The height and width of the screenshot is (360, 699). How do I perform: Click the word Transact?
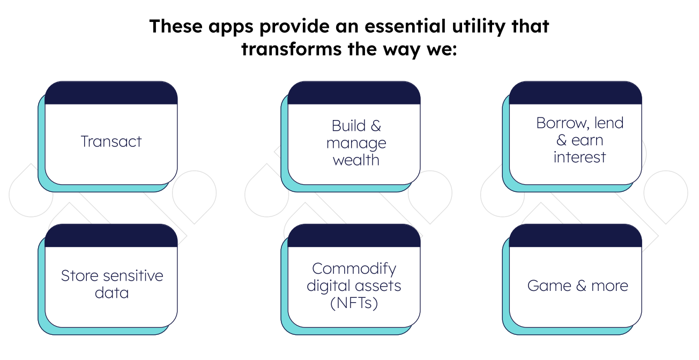click(111, 141)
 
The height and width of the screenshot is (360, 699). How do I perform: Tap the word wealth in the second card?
click(356, 160)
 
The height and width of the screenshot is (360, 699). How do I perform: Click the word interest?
click(579, 157)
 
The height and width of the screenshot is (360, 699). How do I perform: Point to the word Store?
click(79, 276)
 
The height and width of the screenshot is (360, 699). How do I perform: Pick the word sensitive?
click(133, 276)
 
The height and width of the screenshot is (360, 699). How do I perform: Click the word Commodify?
click(354, 269)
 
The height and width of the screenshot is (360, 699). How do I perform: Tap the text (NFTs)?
click(354, 303)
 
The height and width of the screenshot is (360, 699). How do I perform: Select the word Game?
click(549, 286)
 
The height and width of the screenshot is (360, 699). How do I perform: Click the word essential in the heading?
click(405, 26)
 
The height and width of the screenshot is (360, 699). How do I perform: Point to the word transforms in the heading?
click(292, 49)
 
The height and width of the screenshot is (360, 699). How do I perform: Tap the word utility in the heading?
click(479, 26)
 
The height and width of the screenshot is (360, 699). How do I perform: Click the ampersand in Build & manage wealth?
click(376, 126)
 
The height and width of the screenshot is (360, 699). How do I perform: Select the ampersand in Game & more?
click(581, 286)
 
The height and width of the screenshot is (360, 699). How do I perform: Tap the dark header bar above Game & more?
click(575, 236)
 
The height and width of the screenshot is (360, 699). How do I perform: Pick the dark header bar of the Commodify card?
click(354, 236)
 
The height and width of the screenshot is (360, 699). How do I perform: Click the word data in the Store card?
click(111, 293)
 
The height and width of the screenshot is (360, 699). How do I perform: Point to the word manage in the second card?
click(356, 144)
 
